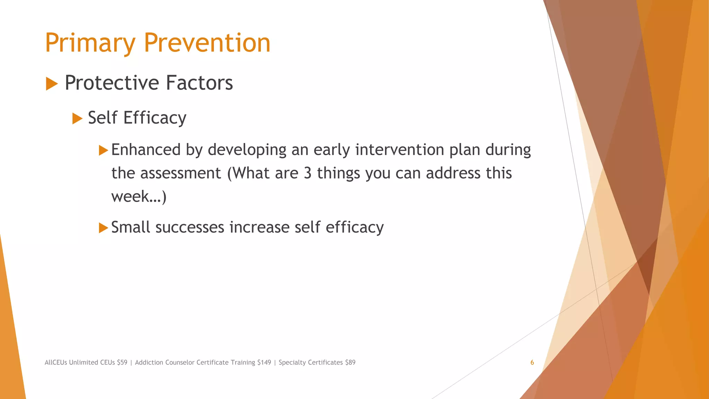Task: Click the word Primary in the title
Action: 90,43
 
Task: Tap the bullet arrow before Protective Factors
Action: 52,84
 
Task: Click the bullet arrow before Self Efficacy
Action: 77,119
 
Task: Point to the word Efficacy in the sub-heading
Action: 155,118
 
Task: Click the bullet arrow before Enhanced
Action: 103,150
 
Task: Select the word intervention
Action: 400,150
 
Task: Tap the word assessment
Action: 180,173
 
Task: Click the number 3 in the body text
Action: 307,173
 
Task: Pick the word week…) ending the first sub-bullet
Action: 139,196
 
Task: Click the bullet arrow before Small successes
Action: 103,228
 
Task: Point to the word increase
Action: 259,228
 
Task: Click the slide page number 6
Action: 532,363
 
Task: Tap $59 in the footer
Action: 122,363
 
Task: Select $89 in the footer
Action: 350,363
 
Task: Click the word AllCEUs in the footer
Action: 56,363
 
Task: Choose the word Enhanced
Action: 146,150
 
